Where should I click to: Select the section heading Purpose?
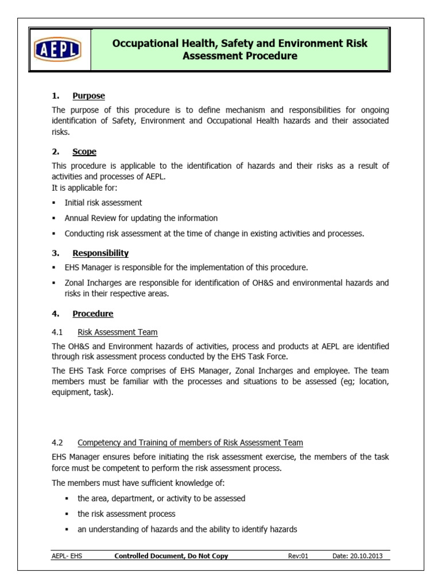coord(88,95)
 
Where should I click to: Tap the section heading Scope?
coord(84,152)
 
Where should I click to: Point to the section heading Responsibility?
coord(100,253)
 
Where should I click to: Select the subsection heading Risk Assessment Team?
coord(117,332)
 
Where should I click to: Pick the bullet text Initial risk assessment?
coord(103,203)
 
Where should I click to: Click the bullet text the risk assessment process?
coord(126,514)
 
